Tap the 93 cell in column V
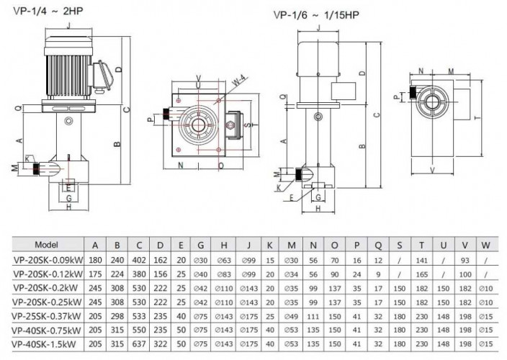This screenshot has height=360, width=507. (464, 258)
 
